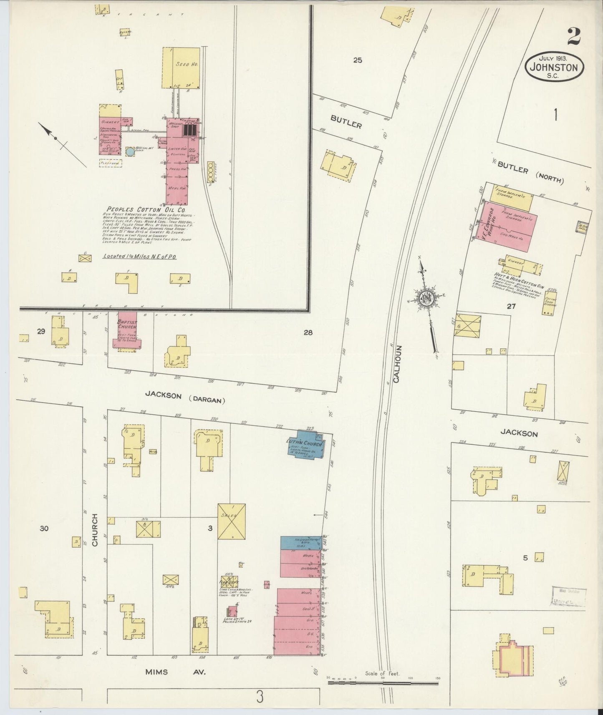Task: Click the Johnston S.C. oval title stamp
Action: (554, 67)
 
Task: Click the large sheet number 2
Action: (574, 37)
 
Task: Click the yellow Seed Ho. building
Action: (182, 68)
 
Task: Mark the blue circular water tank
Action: (130, 152)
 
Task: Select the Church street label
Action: (95, 530)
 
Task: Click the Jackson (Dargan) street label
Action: (185, 396)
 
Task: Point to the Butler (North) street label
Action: (530, 174)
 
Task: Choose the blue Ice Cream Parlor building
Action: (300, 543)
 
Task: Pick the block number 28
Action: (308, 332)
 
